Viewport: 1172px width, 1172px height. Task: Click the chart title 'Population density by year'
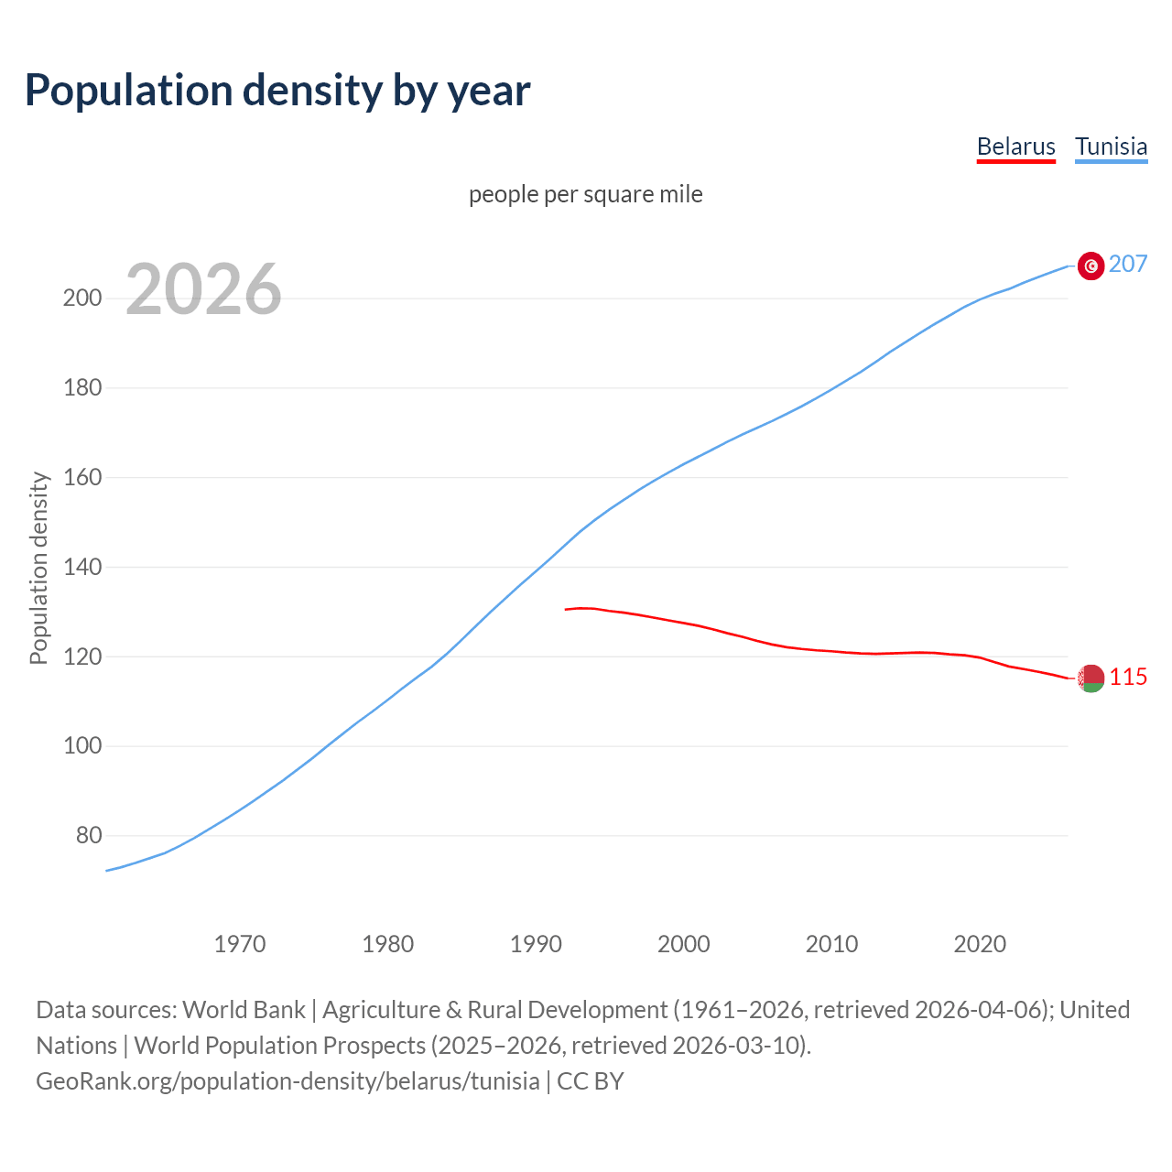277,90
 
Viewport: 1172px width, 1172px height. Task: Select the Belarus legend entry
1015,146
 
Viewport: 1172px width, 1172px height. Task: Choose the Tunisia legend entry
1111,146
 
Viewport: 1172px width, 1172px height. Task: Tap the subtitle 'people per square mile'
586,194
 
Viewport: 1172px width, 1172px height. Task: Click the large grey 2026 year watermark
203,289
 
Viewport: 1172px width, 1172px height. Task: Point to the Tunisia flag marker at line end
1091,266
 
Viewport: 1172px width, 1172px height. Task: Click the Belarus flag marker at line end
1091,678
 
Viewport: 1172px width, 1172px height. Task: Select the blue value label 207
1128,265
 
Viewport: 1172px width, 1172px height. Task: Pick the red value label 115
1128,678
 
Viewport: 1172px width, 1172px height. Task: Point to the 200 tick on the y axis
82,298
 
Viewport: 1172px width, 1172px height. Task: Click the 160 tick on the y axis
82,478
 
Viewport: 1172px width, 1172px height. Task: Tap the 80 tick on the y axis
89,836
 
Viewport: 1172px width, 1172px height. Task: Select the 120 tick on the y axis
82,657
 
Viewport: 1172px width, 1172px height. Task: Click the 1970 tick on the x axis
240,944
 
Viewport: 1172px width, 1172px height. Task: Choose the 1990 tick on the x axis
536,944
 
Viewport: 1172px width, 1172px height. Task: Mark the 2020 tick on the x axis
980,944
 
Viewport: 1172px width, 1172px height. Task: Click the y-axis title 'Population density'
38,568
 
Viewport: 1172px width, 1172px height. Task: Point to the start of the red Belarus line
567,609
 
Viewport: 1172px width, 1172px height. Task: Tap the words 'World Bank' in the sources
244,1010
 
